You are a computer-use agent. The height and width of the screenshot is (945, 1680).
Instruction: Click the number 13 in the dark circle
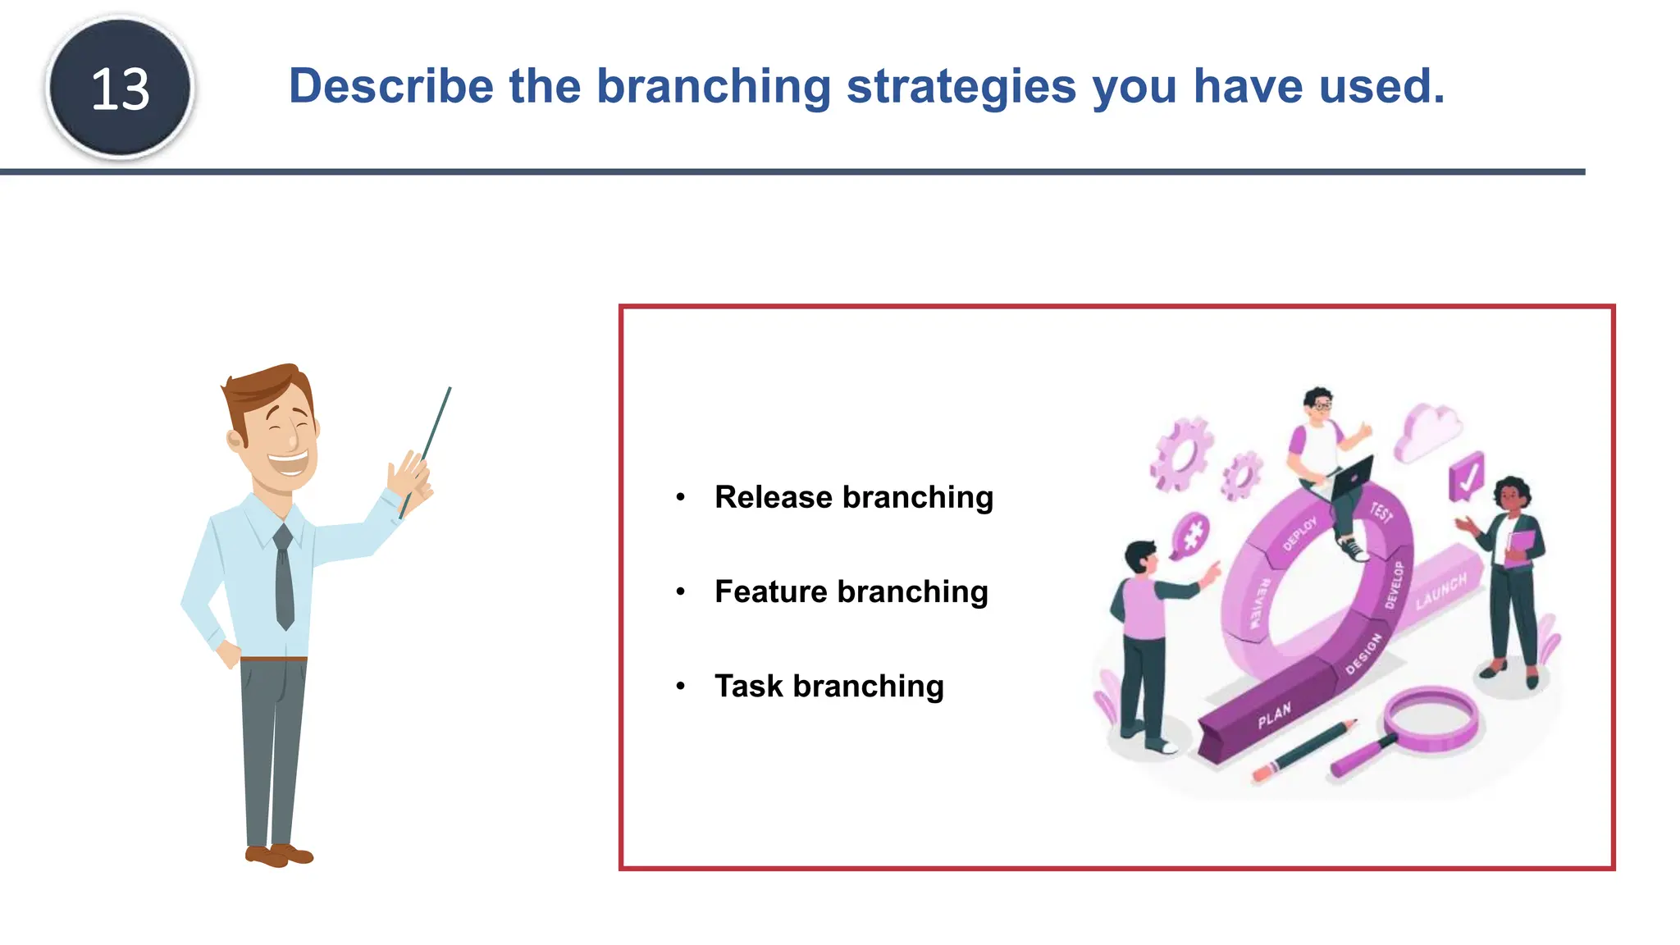point(120,89)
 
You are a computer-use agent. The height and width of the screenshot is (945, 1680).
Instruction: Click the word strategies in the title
point(961,87)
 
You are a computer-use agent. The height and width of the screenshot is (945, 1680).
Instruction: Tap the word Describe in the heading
point(390,86)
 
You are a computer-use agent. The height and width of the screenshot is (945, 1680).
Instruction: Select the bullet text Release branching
point(853,497)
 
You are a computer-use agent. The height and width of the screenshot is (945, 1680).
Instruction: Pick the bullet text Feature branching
point(851,591)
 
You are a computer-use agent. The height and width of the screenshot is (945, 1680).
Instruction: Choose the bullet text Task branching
point(829,686)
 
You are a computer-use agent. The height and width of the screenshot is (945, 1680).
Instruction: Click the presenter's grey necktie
point(284,579)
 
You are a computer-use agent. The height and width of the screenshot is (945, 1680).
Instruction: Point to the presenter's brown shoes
point(279,856)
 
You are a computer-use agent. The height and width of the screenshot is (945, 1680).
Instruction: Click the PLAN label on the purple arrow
point(1274,715)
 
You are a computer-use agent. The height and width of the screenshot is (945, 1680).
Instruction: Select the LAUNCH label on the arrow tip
point(1441,591)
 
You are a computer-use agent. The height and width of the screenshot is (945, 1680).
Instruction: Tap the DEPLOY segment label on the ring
point(1299,533)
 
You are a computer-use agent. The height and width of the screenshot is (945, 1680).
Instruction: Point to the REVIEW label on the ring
point(1259,603)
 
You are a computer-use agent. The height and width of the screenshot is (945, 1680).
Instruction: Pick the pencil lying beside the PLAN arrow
point(1304,750)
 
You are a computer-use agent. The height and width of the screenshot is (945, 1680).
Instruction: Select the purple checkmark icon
point(1466,477)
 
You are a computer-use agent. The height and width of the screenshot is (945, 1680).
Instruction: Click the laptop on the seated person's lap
point(1349,479)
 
